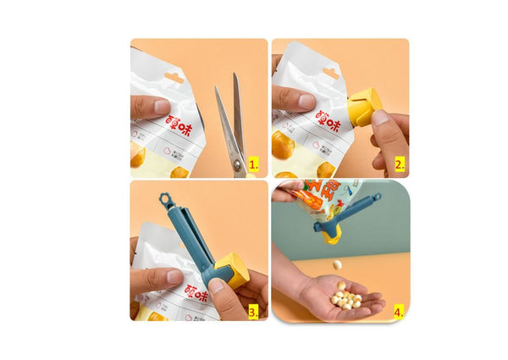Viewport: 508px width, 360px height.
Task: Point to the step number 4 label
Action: click(398, 311)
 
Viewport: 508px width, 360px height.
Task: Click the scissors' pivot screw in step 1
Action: click(237, 163)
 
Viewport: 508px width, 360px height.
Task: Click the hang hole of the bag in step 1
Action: click(174, 78)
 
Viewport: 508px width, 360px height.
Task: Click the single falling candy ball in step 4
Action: click(337, 264)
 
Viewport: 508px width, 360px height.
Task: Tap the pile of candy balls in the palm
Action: click(345, 297)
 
